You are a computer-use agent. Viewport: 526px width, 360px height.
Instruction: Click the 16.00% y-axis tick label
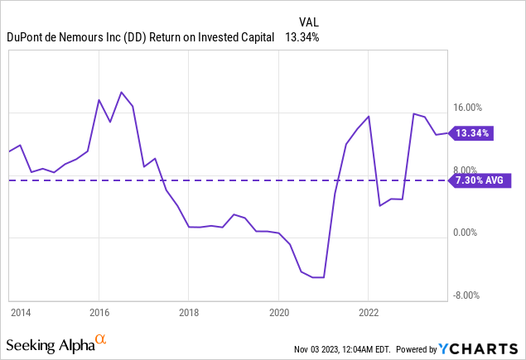[475, 108]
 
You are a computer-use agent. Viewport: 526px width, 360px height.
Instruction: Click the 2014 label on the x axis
[21, 313]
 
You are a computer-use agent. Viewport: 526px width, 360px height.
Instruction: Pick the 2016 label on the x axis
[99, 313]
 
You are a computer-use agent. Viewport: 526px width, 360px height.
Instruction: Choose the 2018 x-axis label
[189, 313]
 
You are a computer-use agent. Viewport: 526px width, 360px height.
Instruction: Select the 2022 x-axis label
[369, 313]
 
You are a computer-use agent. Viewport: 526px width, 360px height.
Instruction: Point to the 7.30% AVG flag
[478, 180]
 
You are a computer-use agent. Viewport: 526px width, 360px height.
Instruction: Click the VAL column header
[309, 22]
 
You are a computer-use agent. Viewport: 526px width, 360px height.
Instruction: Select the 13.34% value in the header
[302, 37]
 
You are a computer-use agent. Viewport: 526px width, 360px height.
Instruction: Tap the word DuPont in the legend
[27, 37]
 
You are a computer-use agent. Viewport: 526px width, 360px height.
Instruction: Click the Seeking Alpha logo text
[49, 343]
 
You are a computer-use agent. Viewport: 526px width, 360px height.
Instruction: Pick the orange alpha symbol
[101, 339]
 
